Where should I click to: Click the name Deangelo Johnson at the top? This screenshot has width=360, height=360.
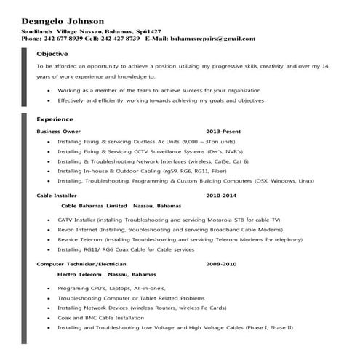[63, 21]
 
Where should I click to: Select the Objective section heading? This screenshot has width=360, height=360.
[52, 54]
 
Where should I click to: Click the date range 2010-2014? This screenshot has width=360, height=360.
[221, 196]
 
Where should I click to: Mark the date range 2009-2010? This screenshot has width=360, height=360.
[221, 264]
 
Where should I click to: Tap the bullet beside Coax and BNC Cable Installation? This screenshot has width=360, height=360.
[48, 318]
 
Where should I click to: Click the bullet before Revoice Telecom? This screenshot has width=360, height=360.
[48, 239]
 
